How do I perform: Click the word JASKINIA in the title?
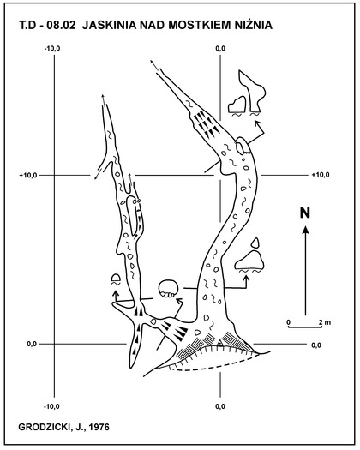point(109,25)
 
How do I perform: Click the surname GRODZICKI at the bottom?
point(44,428)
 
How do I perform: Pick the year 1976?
point(99,428)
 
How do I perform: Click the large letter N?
point(305,213)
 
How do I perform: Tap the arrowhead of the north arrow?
point(306,230)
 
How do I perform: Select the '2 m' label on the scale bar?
point(325,322)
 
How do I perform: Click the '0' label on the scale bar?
point(288,322)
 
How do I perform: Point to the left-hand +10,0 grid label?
point(28,175)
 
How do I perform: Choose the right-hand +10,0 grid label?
point(321,175)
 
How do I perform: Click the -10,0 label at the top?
point(52,49)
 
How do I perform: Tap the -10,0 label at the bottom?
point(51,406)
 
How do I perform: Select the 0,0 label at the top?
point(220,49)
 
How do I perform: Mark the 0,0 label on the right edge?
point(316,345)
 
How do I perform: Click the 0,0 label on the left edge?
point(32,344)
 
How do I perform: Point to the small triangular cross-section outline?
point(255,243)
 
